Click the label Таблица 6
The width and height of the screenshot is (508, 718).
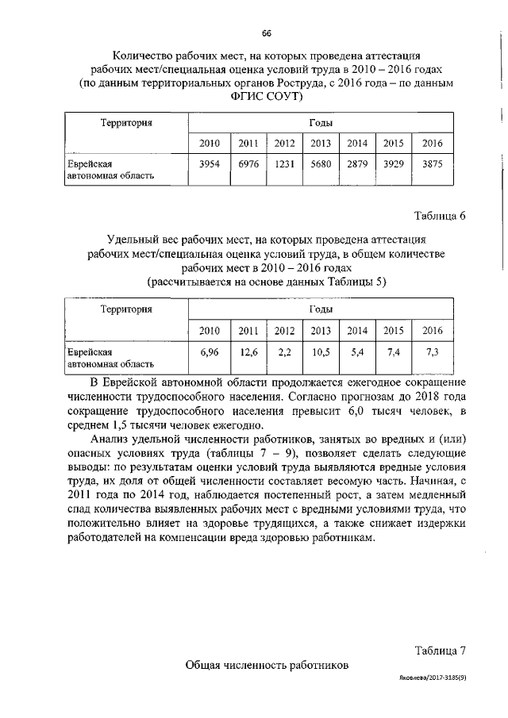[440, 216]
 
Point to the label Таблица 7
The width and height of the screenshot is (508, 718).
[440, 650]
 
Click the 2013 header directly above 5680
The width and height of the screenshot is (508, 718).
[321, 144]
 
